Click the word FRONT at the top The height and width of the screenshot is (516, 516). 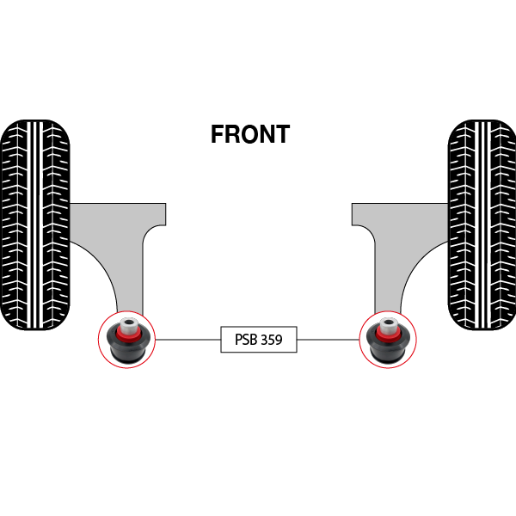[250, 135]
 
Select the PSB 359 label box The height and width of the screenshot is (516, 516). [259, 340]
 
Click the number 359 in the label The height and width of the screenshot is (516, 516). [271, 340]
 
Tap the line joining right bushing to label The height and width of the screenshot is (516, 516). [328, 340]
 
